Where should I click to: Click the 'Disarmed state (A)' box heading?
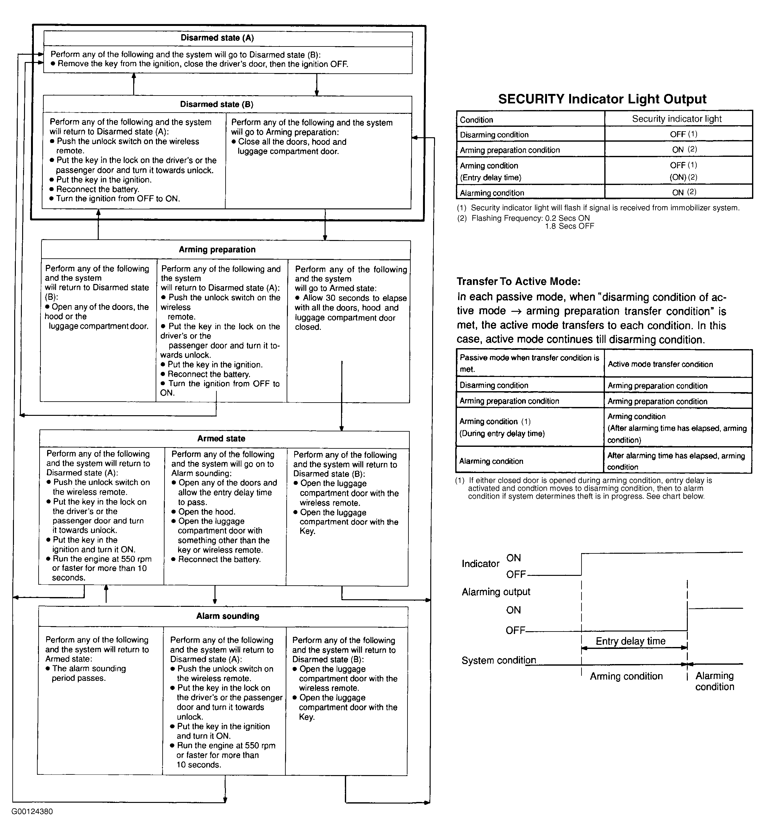point(217,38)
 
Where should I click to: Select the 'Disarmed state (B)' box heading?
point(216,104)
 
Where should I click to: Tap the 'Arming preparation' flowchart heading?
point(217,250)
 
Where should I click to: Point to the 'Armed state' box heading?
point(221,439)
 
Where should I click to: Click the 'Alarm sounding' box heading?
point(227,616)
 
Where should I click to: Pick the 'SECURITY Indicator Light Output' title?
point(602,99)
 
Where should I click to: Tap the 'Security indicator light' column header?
point(677,119)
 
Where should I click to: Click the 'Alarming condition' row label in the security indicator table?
point(492,193)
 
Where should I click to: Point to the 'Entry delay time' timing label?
point(630,641)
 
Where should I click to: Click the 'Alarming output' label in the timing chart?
point(496,592)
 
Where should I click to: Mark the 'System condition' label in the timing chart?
point(499,660)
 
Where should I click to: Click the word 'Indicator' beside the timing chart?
point(480,564)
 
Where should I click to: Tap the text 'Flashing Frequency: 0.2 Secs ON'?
point(530,218)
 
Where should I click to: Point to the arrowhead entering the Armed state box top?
point(341,428)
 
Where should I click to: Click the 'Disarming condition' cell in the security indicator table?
point(494,135)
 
